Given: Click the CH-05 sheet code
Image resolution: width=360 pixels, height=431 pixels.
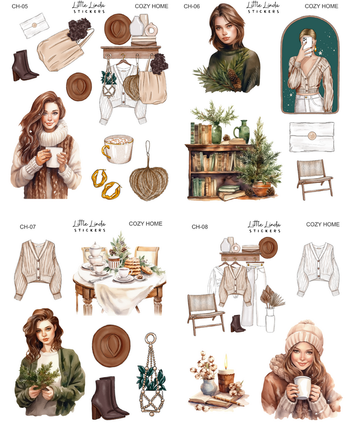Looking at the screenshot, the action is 20,6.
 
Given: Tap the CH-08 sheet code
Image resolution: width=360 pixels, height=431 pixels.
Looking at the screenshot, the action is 200,227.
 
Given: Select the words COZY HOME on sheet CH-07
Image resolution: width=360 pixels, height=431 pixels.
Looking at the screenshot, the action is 146,224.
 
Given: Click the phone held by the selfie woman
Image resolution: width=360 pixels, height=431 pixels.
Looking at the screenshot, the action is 308,45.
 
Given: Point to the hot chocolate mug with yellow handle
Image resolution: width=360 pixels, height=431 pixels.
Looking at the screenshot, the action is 118,148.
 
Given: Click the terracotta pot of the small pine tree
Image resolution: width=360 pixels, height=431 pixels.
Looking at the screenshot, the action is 261,189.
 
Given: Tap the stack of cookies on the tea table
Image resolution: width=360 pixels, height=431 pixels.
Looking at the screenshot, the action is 133,265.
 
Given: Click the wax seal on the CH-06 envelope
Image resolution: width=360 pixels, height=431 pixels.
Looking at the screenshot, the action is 312,136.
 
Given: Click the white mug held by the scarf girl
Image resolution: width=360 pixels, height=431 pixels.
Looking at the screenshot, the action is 53,157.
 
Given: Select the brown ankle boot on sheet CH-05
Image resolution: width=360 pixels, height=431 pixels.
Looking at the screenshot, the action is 24,65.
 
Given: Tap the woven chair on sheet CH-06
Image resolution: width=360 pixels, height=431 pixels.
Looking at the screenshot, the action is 314,178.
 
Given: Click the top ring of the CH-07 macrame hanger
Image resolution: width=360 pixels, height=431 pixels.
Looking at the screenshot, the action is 151,337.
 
